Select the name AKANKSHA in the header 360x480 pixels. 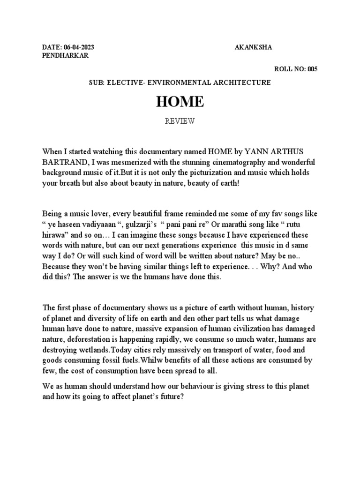pos(253,48)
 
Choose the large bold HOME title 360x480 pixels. pos(180,102)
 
